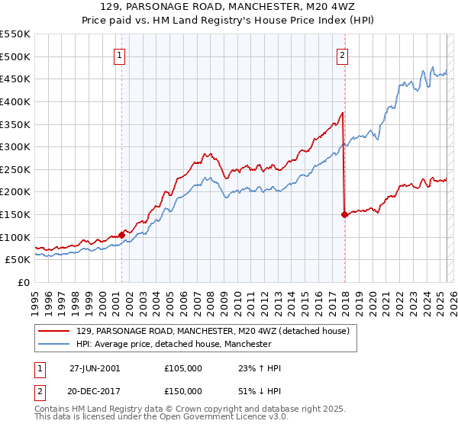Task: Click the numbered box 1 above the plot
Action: (121, 55)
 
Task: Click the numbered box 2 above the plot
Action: (343, 55)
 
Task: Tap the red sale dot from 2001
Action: (121, 235)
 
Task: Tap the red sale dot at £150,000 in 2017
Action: (344, 214)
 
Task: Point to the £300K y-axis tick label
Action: (15, 146)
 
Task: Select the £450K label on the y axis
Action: (15, 79)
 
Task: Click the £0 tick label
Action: (23, 282)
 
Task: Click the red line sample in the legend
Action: (53, 331)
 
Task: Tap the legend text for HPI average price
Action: (174, 345)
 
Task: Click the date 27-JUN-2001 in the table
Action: (95, 368)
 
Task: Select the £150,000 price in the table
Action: (183, 391)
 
